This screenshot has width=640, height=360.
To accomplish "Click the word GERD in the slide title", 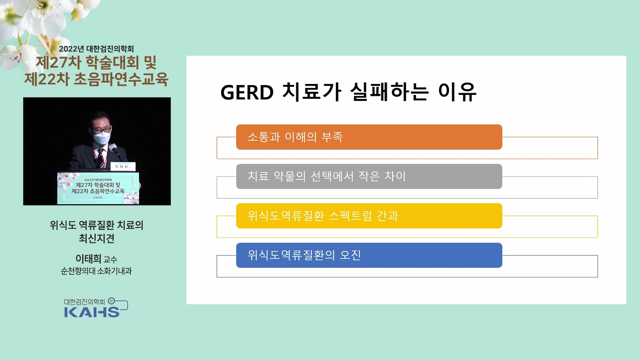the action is (x=247, y=92).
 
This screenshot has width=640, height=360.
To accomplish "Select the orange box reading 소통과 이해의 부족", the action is (x=369, y=137).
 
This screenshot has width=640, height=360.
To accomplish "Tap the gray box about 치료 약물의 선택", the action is (x=369, y=176).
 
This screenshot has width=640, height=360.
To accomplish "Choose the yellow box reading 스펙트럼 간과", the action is (x=369, y=216).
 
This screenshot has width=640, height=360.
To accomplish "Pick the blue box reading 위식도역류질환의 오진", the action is (x=369, y=255).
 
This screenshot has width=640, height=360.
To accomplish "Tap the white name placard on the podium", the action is (x=123, y=166).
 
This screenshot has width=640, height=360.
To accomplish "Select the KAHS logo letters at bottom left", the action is (x=92, y=312).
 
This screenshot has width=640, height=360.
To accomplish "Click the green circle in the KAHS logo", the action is (x=112, y=301).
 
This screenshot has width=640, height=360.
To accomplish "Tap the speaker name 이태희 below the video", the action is (x=88, y=259).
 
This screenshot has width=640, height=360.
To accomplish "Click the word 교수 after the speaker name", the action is (x=110, y=259).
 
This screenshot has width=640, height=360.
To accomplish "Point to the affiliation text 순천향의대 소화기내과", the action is (x=96, y=271).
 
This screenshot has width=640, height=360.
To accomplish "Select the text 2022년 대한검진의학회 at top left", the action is (x=96, y=49).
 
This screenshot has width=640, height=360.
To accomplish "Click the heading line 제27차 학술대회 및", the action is (x=96, y=62).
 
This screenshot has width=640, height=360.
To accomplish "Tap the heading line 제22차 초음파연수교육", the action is (x=96, y=79).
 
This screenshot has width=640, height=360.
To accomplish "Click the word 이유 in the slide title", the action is (x=457, y=92).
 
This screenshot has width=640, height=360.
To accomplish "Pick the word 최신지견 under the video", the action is (x=97, y=238).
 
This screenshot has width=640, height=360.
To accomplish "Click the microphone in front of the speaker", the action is (x=115, y=150).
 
